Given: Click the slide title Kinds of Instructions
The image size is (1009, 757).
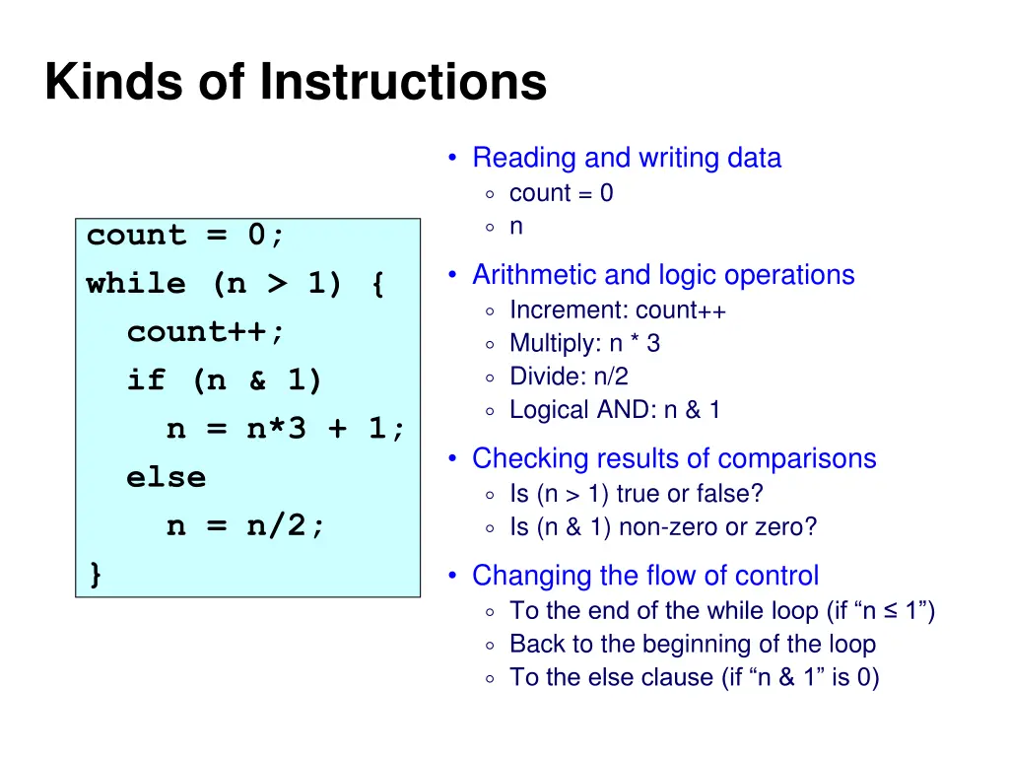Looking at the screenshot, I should click(295, 83).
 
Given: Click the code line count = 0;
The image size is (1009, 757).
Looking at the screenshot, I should click(185, 236).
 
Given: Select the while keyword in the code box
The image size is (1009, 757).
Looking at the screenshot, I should click(136, 285).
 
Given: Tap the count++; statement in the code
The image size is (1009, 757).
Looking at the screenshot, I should click(206, 332).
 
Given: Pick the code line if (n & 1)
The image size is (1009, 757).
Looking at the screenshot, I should click(225, 380).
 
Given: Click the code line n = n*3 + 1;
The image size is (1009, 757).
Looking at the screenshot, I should click(286, 429).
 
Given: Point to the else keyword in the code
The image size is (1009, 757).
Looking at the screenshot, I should click(166, 478).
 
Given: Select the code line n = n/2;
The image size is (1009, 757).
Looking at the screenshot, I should click(245, 526).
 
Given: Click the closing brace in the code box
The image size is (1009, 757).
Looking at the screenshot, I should click(95, 575).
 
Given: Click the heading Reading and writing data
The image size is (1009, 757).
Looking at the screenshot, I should click(626, 158).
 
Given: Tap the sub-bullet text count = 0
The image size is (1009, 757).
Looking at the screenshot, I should click(561, 193).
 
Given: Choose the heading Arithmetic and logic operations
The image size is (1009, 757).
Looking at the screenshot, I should click(663, 275).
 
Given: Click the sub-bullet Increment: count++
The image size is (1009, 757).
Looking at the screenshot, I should click(618, 310).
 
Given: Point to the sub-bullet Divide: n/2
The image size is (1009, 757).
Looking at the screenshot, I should click(569, 377).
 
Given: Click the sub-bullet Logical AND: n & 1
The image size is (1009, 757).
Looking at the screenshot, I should click(614, 410).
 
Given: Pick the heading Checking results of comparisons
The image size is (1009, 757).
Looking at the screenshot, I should click(674, 458).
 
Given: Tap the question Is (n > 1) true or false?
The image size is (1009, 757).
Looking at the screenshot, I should click(636, 493).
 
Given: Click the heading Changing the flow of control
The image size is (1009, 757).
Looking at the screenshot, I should click(644, 576).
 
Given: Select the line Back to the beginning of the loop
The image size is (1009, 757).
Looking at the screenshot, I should click(692, 645).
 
